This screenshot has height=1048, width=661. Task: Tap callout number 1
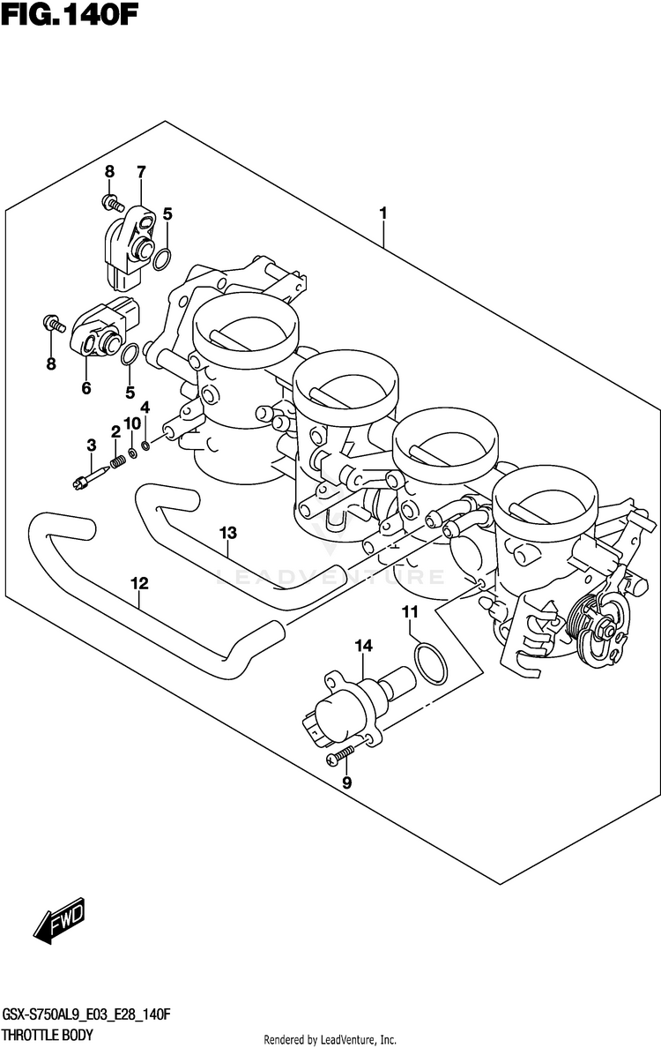coord(383,213)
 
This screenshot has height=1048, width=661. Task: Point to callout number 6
coord(86,387)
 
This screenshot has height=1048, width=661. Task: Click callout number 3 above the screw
coord(91,445)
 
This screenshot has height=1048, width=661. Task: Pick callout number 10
coord(132,423)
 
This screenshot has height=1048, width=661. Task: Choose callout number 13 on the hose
coord(228,533)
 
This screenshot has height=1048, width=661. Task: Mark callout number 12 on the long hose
coord(139,583)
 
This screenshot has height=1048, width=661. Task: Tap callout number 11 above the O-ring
coord(410,612)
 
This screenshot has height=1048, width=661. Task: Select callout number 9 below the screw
coord(346,782)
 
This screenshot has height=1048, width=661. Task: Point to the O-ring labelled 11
coord(429,664)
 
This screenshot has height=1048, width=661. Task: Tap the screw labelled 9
coord(343,752)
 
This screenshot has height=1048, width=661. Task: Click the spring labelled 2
coord(115,462)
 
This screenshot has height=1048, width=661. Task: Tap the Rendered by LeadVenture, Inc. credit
coord(330,1040)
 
